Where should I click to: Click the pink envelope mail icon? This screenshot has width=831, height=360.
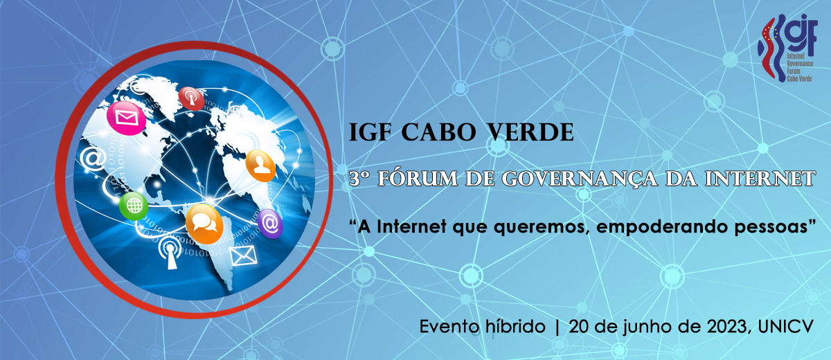coord(126,118)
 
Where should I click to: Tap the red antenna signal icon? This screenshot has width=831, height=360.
coord(191,98)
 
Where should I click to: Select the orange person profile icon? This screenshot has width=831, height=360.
coord(260,165)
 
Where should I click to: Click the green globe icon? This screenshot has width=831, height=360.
coord(134,206)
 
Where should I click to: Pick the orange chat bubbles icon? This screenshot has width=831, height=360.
coord(204,224)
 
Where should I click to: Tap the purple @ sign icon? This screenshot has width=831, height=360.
coord(270,224)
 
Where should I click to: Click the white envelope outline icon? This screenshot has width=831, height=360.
coord(243,255)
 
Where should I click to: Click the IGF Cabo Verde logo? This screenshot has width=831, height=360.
coord(787,48)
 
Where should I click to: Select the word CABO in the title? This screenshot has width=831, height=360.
coord(438,132)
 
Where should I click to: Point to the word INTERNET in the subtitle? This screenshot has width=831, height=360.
coord(760,179)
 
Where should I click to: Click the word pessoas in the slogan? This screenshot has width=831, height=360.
coord(771,227)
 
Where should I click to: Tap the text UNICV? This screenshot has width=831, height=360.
coord(786,327)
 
